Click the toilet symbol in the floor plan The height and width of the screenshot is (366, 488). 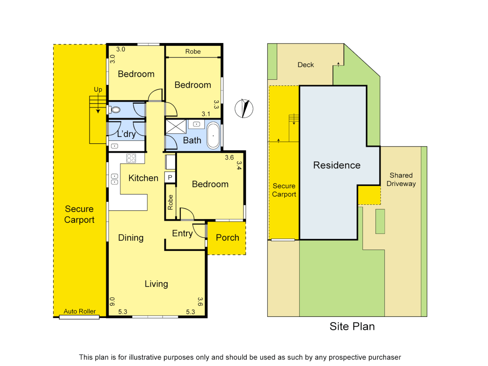click(x=115, y=110)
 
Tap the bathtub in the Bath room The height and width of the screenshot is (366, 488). click(x=213, y=136)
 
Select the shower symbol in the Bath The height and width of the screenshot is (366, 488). click(x=176, y=127)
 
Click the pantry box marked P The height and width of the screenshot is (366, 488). click(x=170, y=177)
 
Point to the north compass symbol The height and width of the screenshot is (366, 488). click(x=244, y=108)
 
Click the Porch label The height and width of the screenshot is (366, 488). click(x=227, y=238)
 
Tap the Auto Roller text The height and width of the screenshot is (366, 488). click(x=80, y=311)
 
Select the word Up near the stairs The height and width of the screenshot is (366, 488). click(x=98, y=89)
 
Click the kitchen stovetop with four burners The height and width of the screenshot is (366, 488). click(x=131, y=158)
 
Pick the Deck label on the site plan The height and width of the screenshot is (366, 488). click(x=306, y=65)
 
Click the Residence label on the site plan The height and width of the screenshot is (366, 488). click(x=337, y=165)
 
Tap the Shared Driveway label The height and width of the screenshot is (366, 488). click(x=401, y=180)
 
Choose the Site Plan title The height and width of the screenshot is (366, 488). click(x=352, y=326)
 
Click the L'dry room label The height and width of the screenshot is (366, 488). click(x=126, y=134)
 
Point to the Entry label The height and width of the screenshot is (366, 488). click(x=182, y=233)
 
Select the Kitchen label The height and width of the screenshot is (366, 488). click(x=143, y=178)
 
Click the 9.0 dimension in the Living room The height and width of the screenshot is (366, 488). click(x=113, y=301)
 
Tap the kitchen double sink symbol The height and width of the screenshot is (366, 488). click(x=115, y=179)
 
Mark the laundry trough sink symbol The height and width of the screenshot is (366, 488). click(x=115, y=146)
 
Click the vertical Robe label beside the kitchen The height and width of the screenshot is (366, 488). click(x=170, y=202)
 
